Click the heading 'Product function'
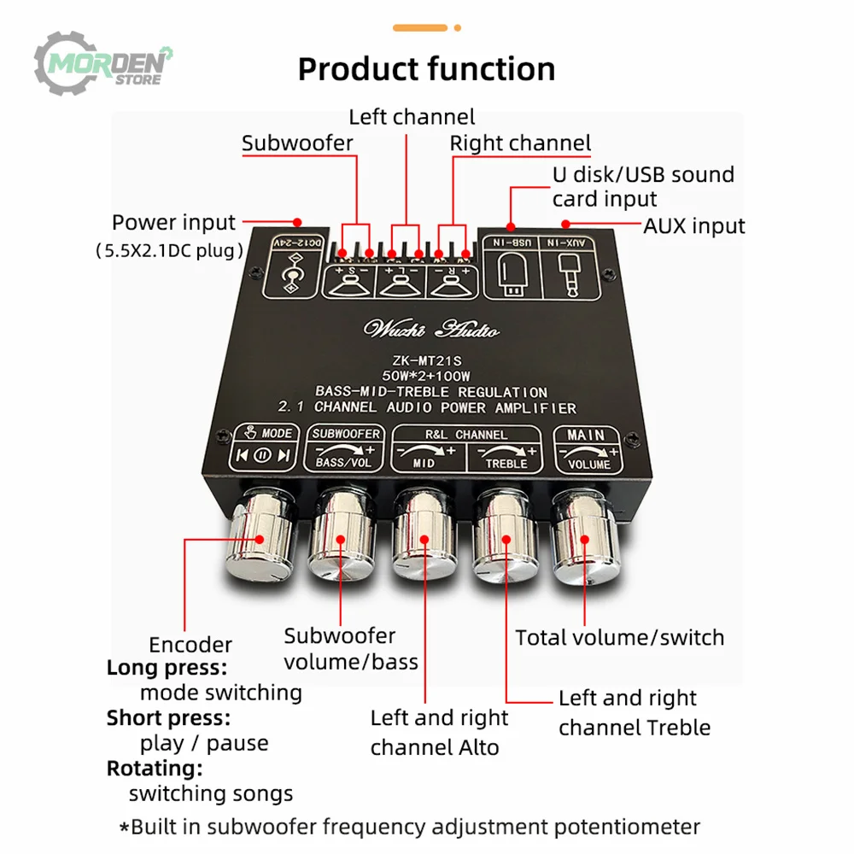tap(426, 68)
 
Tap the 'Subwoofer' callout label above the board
tap(297, 143)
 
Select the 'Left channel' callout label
tap(412, 116)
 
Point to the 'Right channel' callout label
tap(520, 143)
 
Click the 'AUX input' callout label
tap(693, 225)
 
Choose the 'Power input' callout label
tap(173, 223)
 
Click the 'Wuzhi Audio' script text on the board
tap(432, 330)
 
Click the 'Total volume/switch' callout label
tap(619, 637)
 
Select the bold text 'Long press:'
tap(167, 668)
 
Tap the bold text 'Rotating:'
tap(155, 769)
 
